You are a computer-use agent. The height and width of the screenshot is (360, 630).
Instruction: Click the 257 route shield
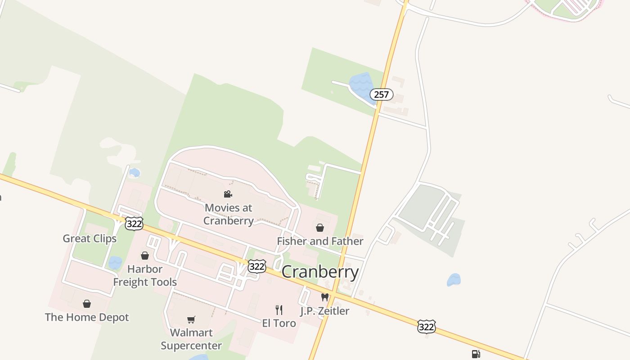pos(382,94)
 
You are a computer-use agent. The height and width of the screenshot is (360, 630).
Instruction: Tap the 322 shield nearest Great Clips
pos(134,223)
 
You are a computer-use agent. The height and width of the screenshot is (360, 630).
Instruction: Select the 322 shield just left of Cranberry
pos(256,266)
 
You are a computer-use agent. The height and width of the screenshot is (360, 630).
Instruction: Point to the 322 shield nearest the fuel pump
pos(426,327)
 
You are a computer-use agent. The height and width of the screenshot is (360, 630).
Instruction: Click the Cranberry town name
pos(320,272)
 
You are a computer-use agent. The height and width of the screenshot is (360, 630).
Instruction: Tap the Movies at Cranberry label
pos(228,214)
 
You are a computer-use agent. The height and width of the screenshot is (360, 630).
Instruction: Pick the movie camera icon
pos(228,194)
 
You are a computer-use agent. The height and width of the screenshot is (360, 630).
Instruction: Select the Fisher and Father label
pos(320,241)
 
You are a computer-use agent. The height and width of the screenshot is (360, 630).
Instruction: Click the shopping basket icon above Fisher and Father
pos(320,228)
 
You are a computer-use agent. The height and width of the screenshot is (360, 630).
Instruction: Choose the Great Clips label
pos(90,238)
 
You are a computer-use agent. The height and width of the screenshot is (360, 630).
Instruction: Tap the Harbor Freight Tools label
pos(145,275)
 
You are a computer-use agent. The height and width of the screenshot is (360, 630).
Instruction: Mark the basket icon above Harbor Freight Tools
pos(145,256)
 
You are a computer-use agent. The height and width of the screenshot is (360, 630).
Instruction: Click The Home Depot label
pos(87,317)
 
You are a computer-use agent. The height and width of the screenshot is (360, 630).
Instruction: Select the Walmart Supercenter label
pos(191,339)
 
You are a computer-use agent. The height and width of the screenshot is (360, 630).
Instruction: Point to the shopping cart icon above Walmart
pos(191,320)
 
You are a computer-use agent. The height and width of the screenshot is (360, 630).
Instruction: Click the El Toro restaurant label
pos(279,323)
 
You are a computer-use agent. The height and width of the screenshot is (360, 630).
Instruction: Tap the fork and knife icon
pos(279,310)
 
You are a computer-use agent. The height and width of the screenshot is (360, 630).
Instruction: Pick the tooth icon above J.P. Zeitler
pos(325,297)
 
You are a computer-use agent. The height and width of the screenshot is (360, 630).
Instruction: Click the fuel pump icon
pos(476,354)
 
